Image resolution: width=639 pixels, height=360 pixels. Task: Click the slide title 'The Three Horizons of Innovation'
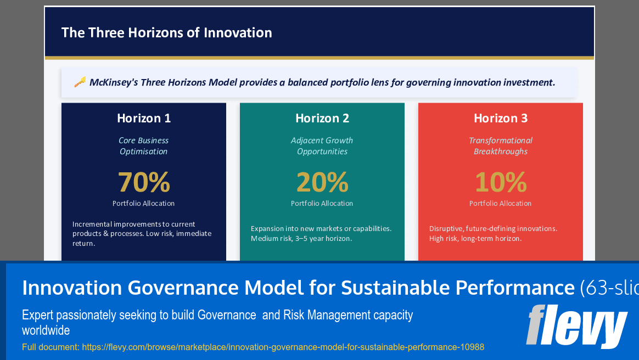(x=166, y=32)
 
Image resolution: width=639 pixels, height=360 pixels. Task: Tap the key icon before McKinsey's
(x=80, y=82)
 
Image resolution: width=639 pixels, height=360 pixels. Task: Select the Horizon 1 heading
(x=144, y=118)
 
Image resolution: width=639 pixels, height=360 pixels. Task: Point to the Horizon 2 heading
(x=322, y=118)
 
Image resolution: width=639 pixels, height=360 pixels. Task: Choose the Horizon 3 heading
(x=501, y=118)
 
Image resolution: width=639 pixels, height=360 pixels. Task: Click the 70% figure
(x=144, y=182)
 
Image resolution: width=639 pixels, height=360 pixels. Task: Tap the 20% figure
(x=322, y=182)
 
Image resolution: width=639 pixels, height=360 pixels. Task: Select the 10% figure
(x=501, y=182)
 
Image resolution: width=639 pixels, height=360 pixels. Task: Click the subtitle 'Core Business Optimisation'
(x=144, y=146)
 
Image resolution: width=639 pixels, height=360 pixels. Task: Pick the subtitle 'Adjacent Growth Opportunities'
(x=322, y=146)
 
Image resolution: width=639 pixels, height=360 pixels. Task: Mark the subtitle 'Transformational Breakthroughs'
(x=501, y=146)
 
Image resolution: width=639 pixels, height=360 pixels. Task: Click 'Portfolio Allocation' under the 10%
(x=501, y=203)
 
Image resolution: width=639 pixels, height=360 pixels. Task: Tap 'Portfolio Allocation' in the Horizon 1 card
(x=144, y=203)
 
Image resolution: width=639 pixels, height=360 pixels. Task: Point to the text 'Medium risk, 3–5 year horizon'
(x=301, y=239)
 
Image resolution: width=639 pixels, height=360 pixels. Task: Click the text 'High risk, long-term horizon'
(x=475, y=239)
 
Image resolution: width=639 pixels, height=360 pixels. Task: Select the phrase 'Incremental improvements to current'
(x=134, y=224)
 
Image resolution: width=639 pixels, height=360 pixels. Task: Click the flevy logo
(x=576, y=327)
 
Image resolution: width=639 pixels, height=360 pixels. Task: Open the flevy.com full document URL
(x=283, y=347)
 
